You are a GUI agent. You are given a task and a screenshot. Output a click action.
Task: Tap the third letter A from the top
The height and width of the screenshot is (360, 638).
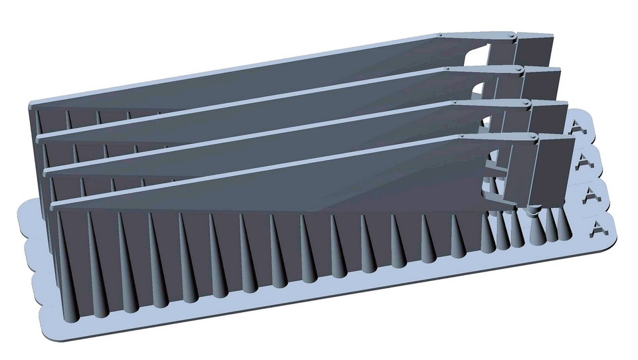click(x=591, y=196)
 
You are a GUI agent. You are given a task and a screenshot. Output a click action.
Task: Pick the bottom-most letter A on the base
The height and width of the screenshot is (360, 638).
click(x=597, y=228)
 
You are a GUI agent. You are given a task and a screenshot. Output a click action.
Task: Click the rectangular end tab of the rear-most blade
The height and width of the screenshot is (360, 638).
click(x=536, y=49)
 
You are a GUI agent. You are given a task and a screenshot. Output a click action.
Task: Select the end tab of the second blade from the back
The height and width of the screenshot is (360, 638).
click(x=542, y=84)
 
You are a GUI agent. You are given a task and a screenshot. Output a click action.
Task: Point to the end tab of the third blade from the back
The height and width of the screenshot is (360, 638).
click(x=550, y=118)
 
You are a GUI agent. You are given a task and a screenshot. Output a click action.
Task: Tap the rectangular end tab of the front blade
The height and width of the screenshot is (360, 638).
click(x=554, y=169)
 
